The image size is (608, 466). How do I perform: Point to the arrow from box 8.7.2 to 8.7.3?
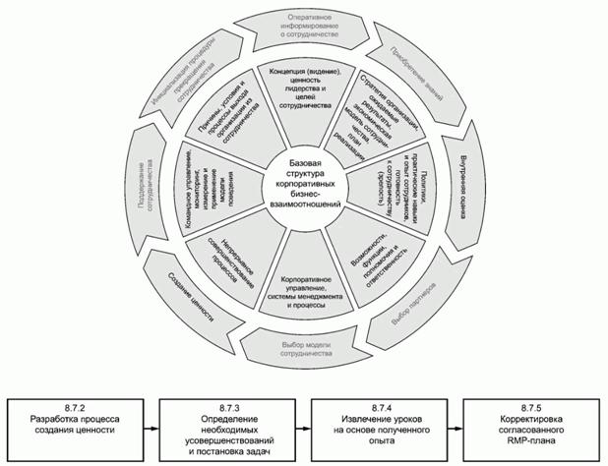[149, 428]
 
